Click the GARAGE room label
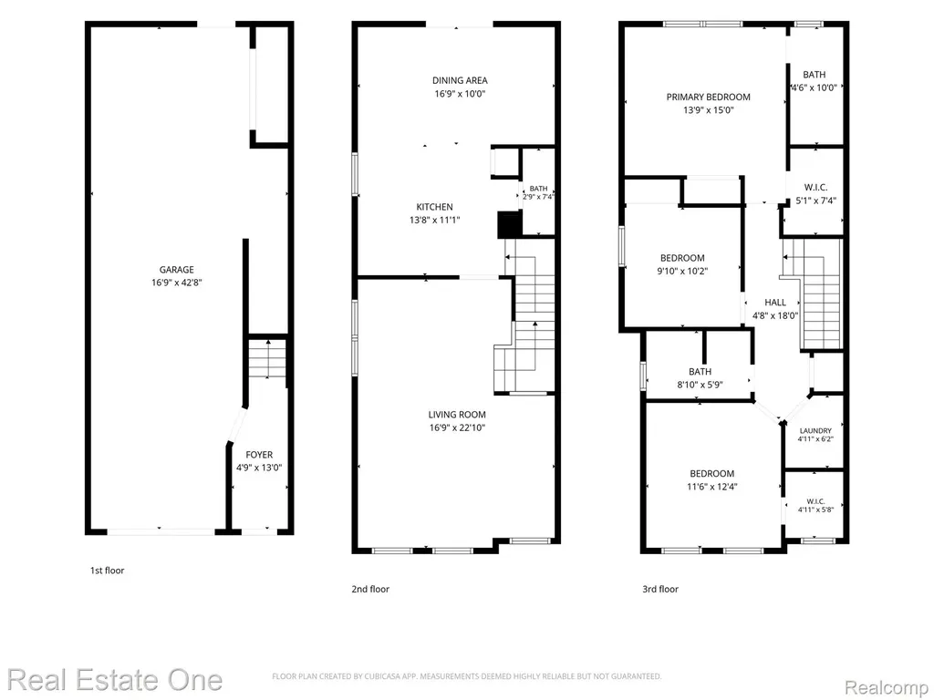pyautogui.click(x=176, y=270)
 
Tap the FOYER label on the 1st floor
pyautogui.click(x=259, y=455)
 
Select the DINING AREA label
pyautogui.click(x=460, y=80)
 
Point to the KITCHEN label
pyautogui.click(x=434, y=207)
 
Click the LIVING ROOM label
pyautogui.click(x=457, y=415)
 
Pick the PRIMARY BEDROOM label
pyautogui.click(x=708, y=97)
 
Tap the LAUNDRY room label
pyautogui.click(x=815, y=431)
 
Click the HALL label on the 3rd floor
pyautogui.click(x=775, y=303)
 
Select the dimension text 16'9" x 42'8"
pyautogui.click(x=176, y=283)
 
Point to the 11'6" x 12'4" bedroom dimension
pyautogui.click(x=711, y=487)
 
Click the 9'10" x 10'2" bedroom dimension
pyautogui.click(x=682, y=272)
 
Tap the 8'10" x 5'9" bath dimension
pyautogui.click(x=700, y=386)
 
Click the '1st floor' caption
pyautogui.click(x=108, y=571)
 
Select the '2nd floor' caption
pyautogui.click(x=370, y=590)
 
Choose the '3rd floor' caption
pyautogui.click(x=660, y=590)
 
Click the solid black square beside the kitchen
pyautogui.click(x=510, y=224)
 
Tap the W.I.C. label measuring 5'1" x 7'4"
pyautogui.click(x=815, y=188)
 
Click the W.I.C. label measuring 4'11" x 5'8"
pyautogui.click(x=815, y=501)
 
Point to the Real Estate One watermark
pyautogui.click(x=115, y=680)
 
